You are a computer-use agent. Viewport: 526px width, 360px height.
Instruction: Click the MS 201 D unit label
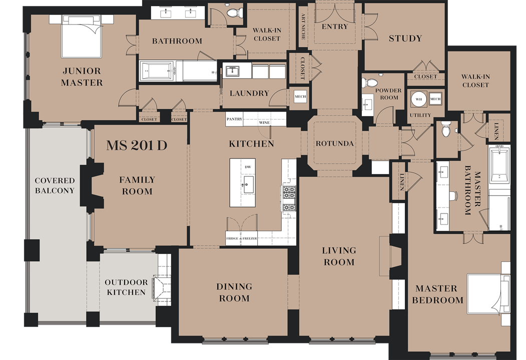tap(137, 145)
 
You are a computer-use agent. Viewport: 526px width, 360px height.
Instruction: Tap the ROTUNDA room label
tap(334, 144)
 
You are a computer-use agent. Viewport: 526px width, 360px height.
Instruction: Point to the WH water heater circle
tap(419, 99)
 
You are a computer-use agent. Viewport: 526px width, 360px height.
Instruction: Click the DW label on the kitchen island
tap(248, 167)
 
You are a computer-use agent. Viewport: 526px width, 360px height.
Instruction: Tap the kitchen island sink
tap(249, 185)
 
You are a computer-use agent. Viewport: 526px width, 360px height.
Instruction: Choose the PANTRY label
tap(234, 119)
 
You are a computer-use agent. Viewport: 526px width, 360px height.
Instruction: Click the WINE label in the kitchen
tap(264, 122)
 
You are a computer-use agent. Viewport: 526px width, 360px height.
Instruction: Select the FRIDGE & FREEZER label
tap(241, 238)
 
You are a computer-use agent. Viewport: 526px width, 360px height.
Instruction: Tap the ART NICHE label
tap(303, 27)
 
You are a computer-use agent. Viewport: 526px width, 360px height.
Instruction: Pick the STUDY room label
tap(405, 38)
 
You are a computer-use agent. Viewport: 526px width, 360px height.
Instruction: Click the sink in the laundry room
tap(233, 71)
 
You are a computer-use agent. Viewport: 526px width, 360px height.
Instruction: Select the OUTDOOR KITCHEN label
tap(126, 287)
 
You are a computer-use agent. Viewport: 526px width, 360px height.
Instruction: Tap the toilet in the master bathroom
tap(446, 129)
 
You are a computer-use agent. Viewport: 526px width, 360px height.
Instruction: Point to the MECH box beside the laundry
tap(300, 97)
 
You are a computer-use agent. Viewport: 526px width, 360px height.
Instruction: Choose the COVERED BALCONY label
tap(55, 185)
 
